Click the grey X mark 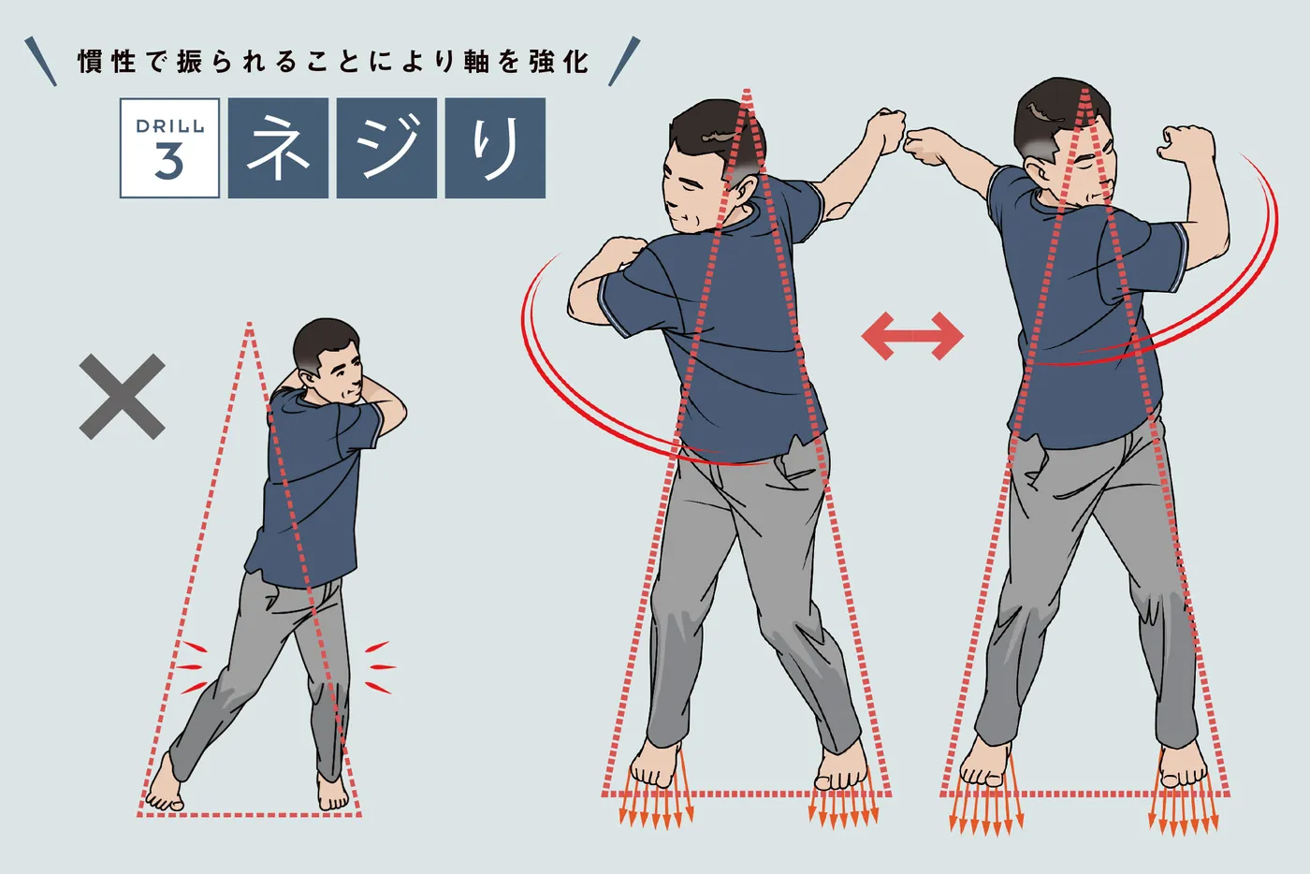click(x=123, y=397)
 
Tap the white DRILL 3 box click(x=169, y=148)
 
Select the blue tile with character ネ click(x=278, y=148)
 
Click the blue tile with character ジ click(x=386, y=148)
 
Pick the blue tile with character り click(x=495, y=148)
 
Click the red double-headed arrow click(x=912, y=336)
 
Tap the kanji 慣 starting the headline click(x=92, y=62)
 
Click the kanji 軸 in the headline click(x=476, y=62)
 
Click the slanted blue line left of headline click(x=41, y=62)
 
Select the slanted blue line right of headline click(x=624, y=62)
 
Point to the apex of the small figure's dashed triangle click(x=249, y=324)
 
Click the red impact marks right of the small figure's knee click(x=380, y=667)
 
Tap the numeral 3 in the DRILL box click(x=169, y=162)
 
